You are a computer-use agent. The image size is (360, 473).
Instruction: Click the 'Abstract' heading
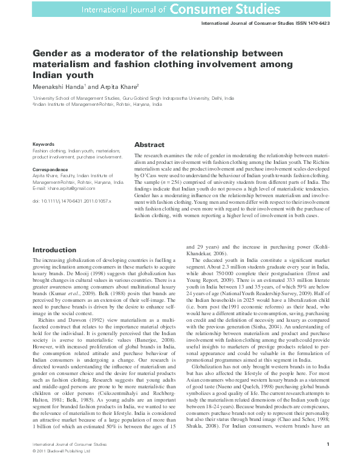pos(149,145)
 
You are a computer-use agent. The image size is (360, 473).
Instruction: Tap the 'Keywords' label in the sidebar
pos(44,144)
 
